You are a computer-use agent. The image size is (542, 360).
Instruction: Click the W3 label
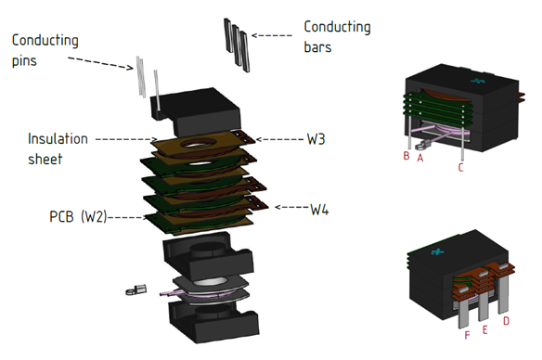[x=316, y=139]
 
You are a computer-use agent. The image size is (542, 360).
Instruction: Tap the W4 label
[x=319, y=210]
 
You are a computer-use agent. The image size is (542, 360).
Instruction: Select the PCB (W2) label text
[x=78, y=216]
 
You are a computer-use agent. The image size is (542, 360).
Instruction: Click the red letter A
[x=420, y=158]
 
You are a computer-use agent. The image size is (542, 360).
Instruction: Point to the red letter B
[x=406, y=156]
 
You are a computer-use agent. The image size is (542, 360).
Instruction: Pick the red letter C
[x=460, y=167]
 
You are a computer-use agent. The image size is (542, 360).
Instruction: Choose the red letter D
[x=506, y=321]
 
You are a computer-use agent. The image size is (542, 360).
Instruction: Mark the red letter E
[x=484, y=330]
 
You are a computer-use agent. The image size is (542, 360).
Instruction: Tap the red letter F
[x=467, y=335]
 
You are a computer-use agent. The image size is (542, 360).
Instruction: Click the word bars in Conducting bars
[x=317, y=47]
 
